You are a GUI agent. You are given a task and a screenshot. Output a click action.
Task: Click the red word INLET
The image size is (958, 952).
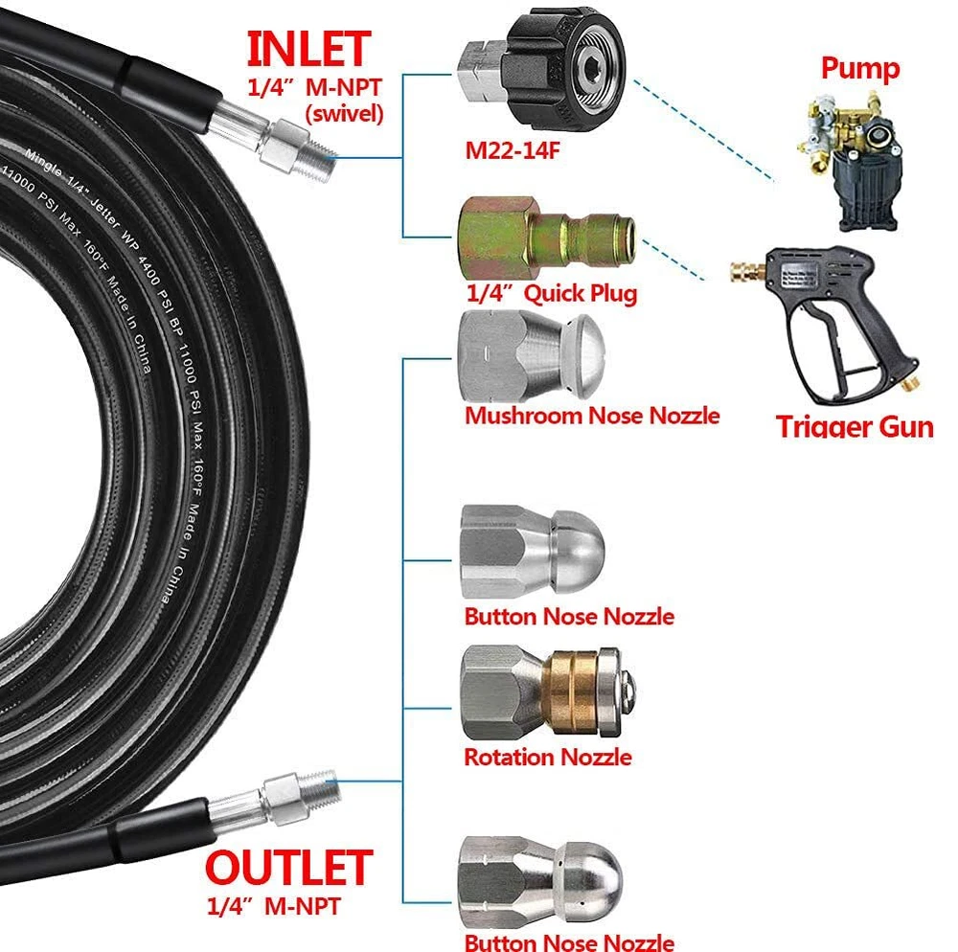(308, 50)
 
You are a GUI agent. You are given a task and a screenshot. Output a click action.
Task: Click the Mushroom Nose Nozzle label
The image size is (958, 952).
(591, 415)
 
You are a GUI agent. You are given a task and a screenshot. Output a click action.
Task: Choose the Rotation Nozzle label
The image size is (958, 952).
(547, 757)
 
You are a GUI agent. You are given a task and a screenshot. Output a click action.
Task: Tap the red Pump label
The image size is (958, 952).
(859, 69)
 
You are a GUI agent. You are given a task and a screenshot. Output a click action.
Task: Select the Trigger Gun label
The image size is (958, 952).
(854, 425)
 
